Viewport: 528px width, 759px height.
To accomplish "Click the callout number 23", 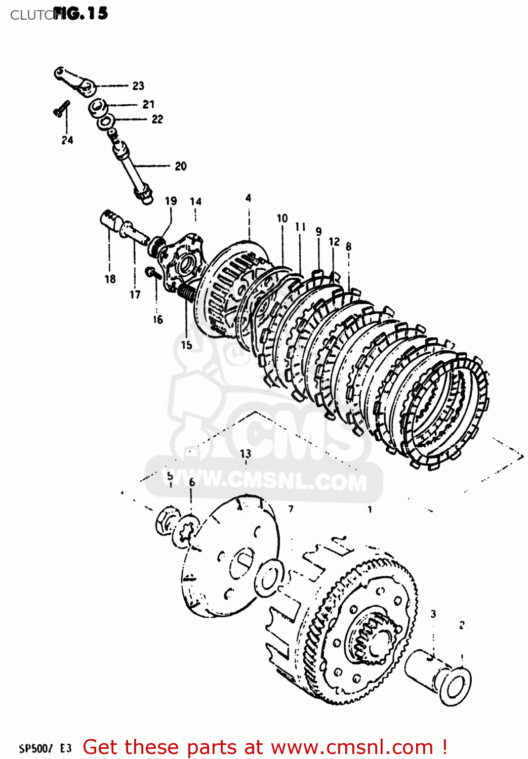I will click(x=138, y=86).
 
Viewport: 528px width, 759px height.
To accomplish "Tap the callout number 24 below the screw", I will click(x=67, y=140).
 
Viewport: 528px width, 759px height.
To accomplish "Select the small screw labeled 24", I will click(x=62, y=108).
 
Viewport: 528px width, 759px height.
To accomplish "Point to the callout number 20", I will click(x=181, y=166).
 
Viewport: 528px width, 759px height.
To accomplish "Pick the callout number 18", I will click(x=110, y=279).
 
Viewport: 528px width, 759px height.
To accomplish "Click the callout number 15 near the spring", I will click(x=186, y=345).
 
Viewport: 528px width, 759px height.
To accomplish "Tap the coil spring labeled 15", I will click(x=186, y=292).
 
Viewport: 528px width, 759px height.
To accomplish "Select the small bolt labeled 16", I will click(x=153, y=274).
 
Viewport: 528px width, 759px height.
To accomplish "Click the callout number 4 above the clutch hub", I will click(x=248, y=198).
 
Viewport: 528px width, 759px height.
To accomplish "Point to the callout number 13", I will click(x=246, y=453).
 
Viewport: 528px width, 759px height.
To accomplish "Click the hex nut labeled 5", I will click(x=167, y=520).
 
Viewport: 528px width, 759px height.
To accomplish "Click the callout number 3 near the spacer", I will click(x=433, y=614).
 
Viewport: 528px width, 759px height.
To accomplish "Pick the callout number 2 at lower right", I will click(x=462, y=625).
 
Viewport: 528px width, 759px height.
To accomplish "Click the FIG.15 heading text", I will click(x=81, y=13).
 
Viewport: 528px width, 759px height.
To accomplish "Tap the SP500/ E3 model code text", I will click(x=46, y=748).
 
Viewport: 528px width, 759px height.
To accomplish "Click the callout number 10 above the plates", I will click(x=282, y=218).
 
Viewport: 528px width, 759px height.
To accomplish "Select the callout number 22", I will click(x=157, y=119).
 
